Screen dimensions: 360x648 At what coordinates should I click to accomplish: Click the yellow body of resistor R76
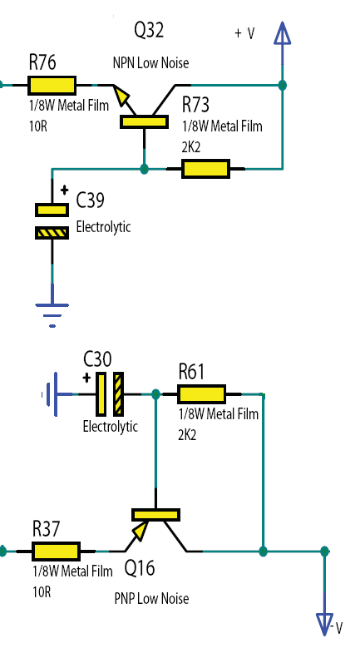[x=52, y=86]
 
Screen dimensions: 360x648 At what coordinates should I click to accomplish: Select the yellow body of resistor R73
[x=206, y=169]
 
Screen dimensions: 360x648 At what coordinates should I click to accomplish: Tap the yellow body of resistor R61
[x=201, y=394]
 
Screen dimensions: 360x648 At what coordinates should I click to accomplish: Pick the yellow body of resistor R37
[x=57, y=552]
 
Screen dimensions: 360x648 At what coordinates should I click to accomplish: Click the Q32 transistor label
[x=149, y=31]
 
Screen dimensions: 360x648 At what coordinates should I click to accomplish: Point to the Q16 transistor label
[x=140, y=568]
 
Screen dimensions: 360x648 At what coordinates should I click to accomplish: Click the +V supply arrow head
[x=283, y=33]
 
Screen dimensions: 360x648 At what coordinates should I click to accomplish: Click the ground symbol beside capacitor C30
[x=50, y=394]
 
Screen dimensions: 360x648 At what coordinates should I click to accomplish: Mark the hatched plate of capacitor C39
[x=52, y=233]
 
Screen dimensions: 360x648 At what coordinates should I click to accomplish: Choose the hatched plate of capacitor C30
[x=119, y=394]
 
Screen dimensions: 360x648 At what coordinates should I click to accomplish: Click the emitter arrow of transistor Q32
[x=122, y=96]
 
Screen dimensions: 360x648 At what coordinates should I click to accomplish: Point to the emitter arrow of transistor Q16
[x=140, y=531]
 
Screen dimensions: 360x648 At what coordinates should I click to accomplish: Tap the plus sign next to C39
[x=64, y=190]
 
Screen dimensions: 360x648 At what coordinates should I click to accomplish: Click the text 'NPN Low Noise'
[x=150, y=63]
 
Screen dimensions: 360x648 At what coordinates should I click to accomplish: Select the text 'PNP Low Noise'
[x=151, y=598]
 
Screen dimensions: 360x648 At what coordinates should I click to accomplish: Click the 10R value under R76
[x=38, y=126]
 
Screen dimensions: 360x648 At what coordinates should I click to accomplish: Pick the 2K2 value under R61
[x=187, y=435]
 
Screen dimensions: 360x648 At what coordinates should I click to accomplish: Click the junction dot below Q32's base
[x=144, y=169]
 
